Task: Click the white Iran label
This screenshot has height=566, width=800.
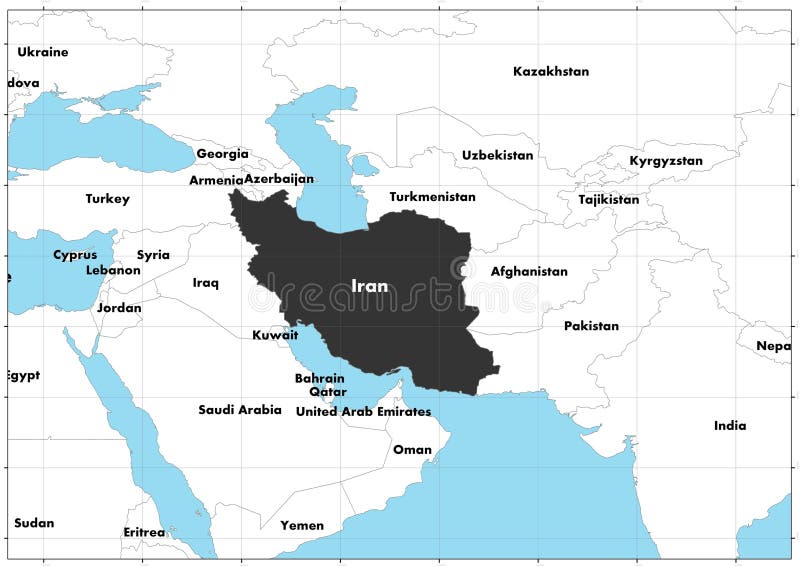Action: [x=370, y=286]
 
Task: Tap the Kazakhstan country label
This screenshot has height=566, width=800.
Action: [x=551, y=71]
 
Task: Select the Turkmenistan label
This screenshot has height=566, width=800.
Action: [x=432, y=197]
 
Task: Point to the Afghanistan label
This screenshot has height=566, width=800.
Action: [x=529, y=271]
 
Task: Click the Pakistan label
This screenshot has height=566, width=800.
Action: [x=591, y=326]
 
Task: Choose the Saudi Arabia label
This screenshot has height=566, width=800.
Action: [x=240, y=410]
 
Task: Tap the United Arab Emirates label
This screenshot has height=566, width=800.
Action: [x=364, y=412]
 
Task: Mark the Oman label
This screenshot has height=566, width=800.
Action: [x=412, y=450]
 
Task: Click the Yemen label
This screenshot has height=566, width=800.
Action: [x=302, y=525]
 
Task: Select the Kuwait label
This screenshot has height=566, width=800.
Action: [x=275, y=336]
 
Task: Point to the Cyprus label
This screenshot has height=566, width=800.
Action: [x=75, y=255]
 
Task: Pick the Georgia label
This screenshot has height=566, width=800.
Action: [x=222, y=154]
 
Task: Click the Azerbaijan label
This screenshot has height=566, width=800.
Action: [x=279, y=179]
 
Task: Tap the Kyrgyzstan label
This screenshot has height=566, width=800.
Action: [x=666, y=161]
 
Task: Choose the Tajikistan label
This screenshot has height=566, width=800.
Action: [x=609, y=200]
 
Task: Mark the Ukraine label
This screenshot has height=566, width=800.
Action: [x=43, y=52]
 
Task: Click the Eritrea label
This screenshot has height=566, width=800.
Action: [x=144, y=532]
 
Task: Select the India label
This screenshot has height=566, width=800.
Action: [x=730, y=426]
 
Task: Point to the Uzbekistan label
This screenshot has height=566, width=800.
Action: [x=497, y=156]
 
